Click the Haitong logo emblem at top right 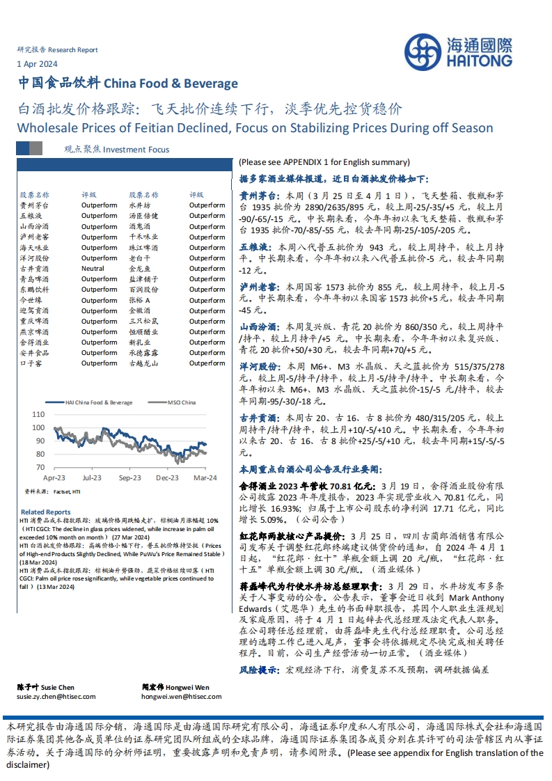coord(423,53)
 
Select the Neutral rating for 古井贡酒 coord(93,268)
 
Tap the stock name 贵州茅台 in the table coord(34,205)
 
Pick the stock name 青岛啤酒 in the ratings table coord(34,278)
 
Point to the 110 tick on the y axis coord(38,414)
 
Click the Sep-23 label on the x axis coord(129,478)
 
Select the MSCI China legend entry coord(181,402)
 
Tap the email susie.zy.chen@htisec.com coord(56,696)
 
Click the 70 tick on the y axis coord(40,467)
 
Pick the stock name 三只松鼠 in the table coord(144,321)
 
